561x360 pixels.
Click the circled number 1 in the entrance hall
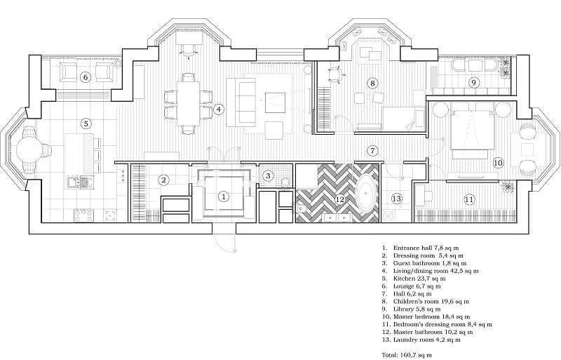coord(223,196)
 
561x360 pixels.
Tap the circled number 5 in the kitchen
coord(86,124)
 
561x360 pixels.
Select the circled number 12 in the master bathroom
coord(340,199)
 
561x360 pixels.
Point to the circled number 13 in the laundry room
coord(397,199)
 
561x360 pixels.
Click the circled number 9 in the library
coord(473,83)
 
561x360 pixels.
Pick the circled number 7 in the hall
coord(373,150)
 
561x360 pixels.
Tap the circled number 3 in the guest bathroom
coord(268,175)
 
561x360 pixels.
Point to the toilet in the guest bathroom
coord(285,182)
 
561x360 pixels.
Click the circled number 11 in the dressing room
coord(469,199)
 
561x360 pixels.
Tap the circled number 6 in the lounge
coord(85,76)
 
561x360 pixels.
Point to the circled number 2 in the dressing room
coord(163,180)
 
